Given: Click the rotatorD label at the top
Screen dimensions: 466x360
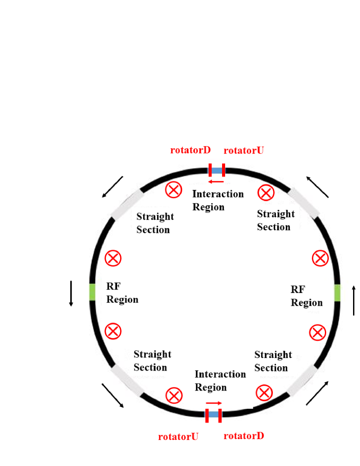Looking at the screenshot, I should [x=190, y=150].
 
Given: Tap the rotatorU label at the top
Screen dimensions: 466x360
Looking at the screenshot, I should [x=244, y=150].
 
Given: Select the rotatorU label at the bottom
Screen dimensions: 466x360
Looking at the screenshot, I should [x=178, y=437].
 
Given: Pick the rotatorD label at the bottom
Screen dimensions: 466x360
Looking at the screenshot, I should [x=244, y=436].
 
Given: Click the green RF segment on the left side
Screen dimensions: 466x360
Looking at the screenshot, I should [x=92, y=292].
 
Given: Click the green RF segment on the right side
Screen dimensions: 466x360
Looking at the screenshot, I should [x=337, y=293].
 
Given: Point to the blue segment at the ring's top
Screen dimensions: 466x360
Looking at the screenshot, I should [x=217, y=170].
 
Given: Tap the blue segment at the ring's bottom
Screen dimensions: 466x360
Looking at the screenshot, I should [x=213, y=414].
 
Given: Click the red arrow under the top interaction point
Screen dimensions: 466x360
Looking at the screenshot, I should [x=216, y=182].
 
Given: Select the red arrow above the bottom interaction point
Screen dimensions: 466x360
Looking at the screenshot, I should [x=213, y=403].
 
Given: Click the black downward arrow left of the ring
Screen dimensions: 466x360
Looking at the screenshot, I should [x=71, y=293].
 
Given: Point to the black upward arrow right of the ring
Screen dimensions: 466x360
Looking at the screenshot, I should [x=354, y=300].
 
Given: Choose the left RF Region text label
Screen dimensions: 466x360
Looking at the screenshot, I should [x=122, y=293].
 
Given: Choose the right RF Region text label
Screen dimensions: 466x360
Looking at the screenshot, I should [x=306, y=296].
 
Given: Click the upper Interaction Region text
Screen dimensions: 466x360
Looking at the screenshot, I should [x=218, y=200].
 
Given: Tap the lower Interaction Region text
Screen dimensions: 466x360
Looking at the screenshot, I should [x=220, y=380].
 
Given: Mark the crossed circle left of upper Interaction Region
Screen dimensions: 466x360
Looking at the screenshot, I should [x=173, y=190].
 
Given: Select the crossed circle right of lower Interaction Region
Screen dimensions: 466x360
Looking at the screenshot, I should [x=264, y=393].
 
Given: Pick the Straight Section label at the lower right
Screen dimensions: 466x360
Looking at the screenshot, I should [x=273, y=361].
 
